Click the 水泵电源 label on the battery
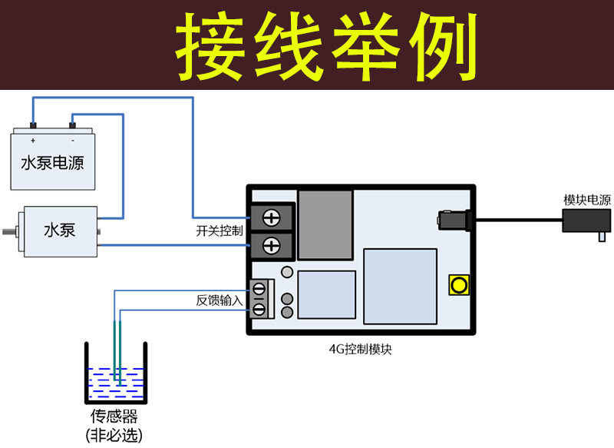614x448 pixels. tap(52, 163)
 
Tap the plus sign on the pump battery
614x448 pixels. tap(33, 141)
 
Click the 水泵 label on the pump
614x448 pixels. tap(60, 230)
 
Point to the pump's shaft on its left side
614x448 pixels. tap(10, 231)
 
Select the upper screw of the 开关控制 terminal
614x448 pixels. tap(272, 218)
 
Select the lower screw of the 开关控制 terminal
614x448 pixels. tap(272, 246)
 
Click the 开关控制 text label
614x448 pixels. tap(220, 231)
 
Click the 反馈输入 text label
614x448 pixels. tap(220, 300)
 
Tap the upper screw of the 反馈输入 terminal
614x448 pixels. tap(259, 290)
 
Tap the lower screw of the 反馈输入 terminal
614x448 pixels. tap(259, 309)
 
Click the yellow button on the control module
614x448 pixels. tap(459, 285)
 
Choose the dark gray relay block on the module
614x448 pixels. tap(325, 225)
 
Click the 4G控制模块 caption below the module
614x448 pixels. tap(360, 349)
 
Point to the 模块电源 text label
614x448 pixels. tap(587, 200)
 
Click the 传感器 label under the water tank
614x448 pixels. tap(114, 416)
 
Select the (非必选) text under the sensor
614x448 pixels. tap(114, 435)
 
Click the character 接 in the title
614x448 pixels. tap(210, 46)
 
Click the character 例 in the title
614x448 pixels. tap(443, 46)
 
